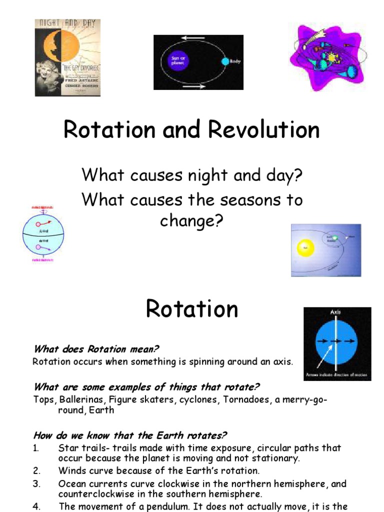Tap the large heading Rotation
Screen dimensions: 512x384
click(192, 309)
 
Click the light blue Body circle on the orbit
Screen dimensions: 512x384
click(224, 61)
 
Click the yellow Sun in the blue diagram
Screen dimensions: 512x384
click(304, 247)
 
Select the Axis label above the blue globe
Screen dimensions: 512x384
click(335, 312)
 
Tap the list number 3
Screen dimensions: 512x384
click(36, 484)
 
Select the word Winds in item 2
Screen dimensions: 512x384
click(71, 470)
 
